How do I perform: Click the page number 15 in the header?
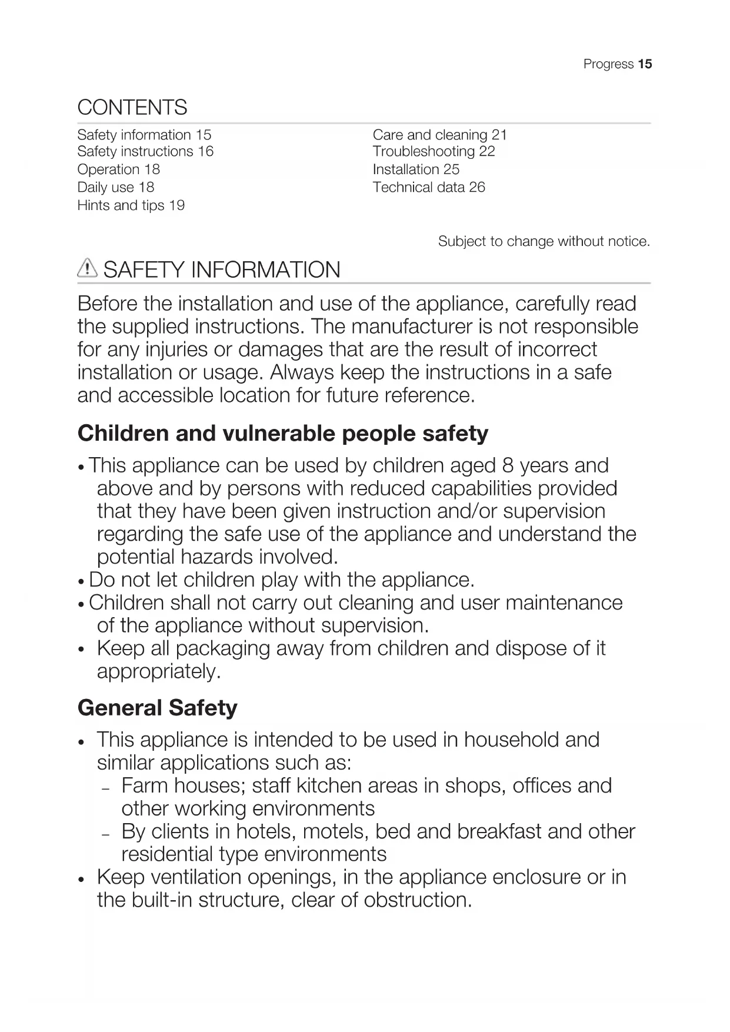pos(645,64)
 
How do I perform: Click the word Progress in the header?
pos(608,64)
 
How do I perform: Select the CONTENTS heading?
pos(132,108)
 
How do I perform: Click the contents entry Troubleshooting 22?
pos(434,151)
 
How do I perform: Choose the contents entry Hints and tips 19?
pos(131,205)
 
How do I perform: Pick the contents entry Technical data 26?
pos(429,187)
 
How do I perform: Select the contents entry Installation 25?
pos(416,169)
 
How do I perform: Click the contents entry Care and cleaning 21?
pos(439,135)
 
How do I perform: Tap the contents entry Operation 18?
pos(118,169)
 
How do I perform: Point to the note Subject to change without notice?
pos(544,241)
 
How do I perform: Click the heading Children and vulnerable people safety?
pos(283,434)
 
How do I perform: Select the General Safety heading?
pos(158,707)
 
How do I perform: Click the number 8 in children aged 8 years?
pos(508,466)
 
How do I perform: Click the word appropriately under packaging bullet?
pos(159,671)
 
